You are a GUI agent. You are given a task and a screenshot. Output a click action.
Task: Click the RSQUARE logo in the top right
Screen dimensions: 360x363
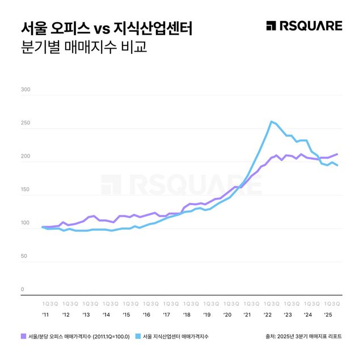coord(304,26)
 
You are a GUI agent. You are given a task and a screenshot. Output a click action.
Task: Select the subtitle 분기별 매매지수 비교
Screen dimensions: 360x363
coord(83,46)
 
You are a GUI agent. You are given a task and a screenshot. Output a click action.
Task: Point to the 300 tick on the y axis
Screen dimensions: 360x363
coord(25,90)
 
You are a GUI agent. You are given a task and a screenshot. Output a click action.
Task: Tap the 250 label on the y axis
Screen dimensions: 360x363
coord(25,123)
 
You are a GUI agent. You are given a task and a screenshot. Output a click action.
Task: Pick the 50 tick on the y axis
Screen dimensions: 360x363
coord(24,256)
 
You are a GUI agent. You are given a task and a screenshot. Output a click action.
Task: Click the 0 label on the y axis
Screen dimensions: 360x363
coord(22,290)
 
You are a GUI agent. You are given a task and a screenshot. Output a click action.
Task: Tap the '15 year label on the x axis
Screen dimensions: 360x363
coord(126,314)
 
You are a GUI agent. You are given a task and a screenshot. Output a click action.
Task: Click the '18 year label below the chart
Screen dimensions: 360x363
coord(187,314)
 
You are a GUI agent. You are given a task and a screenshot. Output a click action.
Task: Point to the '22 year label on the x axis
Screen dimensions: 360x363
coord(267,314)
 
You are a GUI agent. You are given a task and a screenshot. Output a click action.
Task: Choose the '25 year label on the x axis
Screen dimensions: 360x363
coord(328,314)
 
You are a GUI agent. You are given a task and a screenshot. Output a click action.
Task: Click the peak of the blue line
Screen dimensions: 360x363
coord(272,121)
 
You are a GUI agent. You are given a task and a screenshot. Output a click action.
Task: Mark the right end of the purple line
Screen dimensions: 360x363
coord(337,154)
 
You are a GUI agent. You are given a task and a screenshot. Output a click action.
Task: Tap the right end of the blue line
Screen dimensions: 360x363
coord(337,165)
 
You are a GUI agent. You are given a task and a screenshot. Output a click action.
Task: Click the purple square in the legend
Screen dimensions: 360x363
coord(23,336)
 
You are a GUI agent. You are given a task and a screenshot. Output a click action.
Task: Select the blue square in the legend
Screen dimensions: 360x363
coord(138,336)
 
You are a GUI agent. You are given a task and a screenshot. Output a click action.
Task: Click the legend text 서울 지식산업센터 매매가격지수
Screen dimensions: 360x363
coord(176,336)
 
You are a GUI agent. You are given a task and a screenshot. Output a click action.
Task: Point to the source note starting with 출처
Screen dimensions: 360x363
coord(303,336)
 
